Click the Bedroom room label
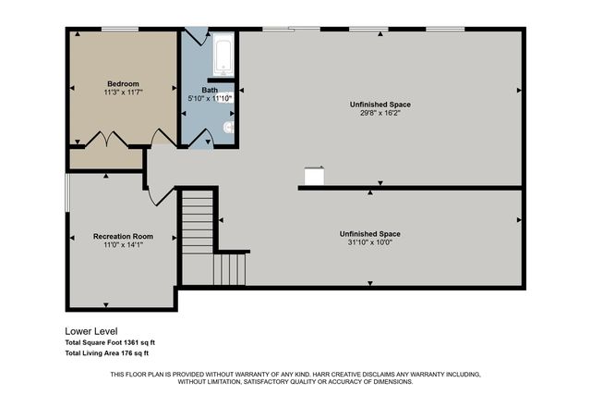coord(122,82)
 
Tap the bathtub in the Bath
coord(223,56)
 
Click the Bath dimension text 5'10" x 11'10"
coord(211,98)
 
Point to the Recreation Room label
coord(123,237)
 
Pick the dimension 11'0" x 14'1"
coord(123,246)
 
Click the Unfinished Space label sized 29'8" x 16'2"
coord(380,105)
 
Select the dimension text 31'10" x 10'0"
coord(369,243)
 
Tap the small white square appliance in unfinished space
coord(314,176)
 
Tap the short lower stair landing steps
coord(231,269)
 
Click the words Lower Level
coord(90,331)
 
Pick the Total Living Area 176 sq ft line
coord(106,352)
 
